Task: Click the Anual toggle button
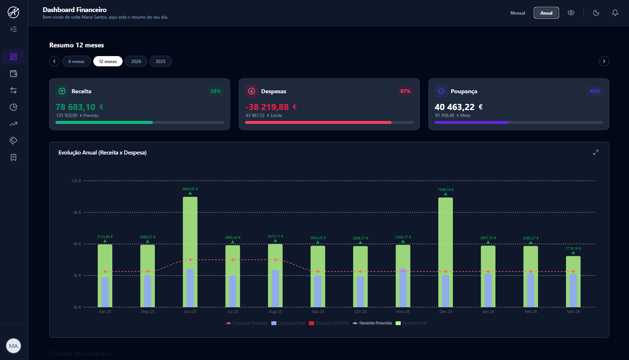coord(546,13)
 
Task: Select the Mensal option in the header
coord(517,13)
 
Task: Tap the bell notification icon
coord(615,13)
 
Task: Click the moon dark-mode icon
coord(596,13)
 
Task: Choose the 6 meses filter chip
coord(77,61)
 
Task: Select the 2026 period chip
coord(136,61)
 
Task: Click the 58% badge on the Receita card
coord(216,91)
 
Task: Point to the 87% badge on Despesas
coord(405,91)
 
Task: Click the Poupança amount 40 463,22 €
coord(458,107)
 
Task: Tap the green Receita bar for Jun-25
coord(190,226)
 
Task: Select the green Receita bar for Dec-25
coord(445,226)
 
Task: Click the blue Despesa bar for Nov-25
coord(403,288)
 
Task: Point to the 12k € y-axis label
coord(76,181)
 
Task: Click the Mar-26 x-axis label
coord(573,312)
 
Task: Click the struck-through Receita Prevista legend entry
coord(372,323)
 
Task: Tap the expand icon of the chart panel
coord(595,152)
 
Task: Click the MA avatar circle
coord(13,346)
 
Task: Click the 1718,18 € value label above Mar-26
coord(573,249)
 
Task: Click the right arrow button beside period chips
coord(604,61)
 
